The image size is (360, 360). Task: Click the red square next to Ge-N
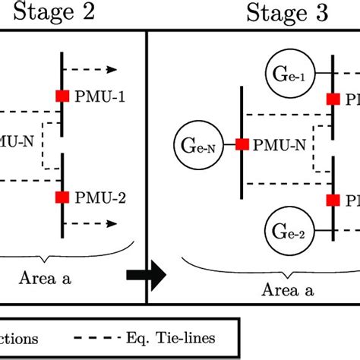(242, 144)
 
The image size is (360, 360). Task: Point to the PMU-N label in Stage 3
(274, 144)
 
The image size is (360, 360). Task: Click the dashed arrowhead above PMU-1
(112, 70)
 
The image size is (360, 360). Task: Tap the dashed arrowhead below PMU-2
(112, 224)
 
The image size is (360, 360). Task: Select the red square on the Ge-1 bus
(333, 99)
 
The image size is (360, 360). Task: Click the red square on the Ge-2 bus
(333, 200)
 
